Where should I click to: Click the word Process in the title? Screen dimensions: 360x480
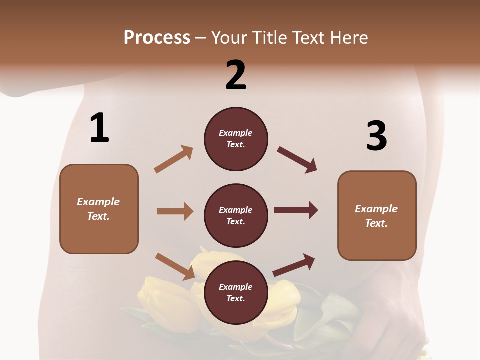(157, 38)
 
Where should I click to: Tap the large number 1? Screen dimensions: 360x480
(99, 128)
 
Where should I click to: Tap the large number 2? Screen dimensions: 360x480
(236, 75)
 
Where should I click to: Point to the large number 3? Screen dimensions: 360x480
(377, 136)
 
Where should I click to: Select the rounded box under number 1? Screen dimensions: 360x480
(99, 209)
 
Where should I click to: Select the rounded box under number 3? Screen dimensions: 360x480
(377, 215)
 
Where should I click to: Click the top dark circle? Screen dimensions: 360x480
(236, 139)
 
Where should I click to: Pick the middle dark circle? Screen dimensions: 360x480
(236, 215)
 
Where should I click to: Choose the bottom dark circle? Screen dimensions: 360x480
(236, 292)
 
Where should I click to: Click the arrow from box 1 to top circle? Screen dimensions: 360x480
(173, 159)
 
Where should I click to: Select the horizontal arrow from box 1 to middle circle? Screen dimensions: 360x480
(175, 211)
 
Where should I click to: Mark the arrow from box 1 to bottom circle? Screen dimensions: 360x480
(175, 266)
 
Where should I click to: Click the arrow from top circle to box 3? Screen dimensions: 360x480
(297, 160)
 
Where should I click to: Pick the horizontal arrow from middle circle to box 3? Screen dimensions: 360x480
(295, 210)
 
